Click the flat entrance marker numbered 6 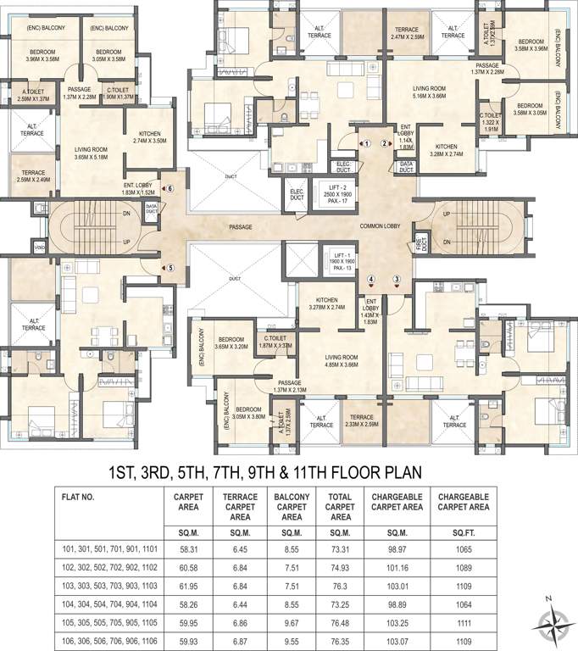(x=169, y=188)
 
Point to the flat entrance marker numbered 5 (x=170, y=269)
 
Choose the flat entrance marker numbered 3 (x=395, y=279)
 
